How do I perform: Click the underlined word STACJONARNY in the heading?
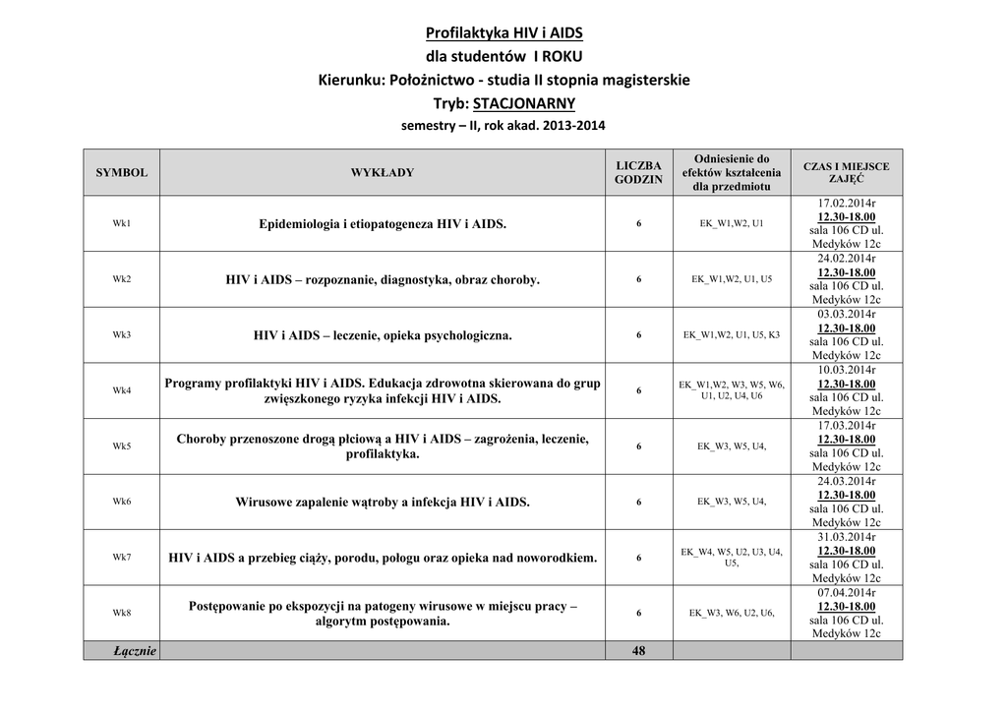point(524,103)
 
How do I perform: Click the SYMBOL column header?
point(122,173)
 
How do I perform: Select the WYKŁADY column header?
point(383,173)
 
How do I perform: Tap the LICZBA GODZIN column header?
point(638,173)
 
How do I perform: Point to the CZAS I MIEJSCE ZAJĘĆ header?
point(846,173)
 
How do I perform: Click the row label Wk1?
point(122,223)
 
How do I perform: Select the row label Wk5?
point(122,446)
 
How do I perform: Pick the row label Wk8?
point(122,614)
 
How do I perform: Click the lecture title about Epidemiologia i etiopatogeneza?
point(383,224)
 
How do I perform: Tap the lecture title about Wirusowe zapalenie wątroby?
point(383,503)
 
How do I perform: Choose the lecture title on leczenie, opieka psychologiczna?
point(383,335)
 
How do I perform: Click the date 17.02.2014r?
point(846,204)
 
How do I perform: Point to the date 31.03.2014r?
point(846,538)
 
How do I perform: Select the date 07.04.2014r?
point(846,594)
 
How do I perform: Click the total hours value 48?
point(638,651)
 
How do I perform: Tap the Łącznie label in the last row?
point(135,651)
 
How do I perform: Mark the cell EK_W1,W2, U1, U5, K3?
point(732,335)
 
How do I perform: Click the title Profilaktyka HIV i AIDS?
point(503,32)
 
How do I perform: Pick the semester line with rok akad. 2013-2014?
point(503,126)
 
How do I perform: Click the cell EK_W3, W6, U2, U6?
point(732,614)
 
